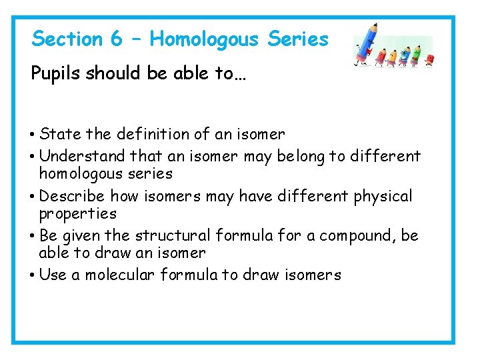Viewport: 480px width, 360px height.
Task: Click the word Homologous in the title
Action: click(x=204, y=39)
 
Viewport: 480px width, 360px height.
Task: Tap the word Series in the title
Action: click(x=298, y=39)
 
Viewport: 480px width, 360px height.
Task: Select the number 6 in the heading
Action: click(x=117, y=39)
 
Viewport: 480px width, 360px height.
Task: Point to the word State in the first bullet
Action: click(x=61, y=134)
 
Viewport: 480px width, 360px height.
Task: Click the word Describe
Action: click(x=73, y=197)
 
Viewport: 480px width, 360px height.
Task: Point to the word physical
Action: click(x=383, y=197)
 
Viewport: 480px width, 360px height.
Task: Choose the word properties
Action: click(x=77, y=214)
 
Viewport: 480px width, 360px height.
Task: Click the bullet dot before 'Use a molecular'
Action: click(x=33, y=275)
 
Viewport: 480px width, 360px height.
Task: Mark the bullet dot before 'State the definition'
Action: click(x=33, y=135)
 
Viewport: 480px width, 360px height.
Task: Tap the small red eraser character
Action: click(x=430, y=59)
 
